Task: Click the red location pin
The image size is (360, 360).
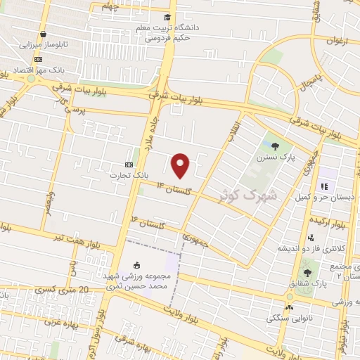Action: point(181,165)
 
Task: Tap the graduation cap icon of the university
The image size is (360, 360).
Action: point(167,18)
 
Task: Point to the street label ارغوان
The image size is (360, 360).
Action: point(337,41)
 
